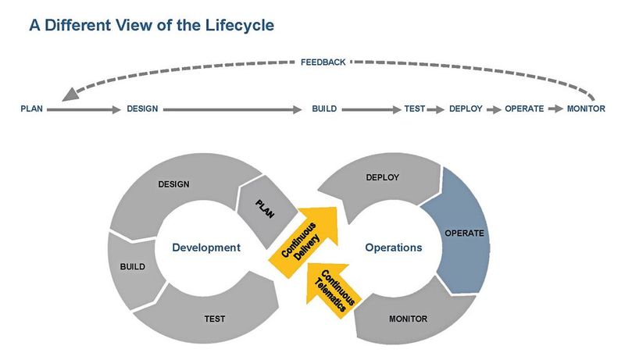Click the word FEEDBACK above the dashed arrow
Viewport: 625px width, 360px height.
(323, 62)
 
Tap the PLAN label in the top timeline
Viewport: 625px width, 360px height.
(31, 109)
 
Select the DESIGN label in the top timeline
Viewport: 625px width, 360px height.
(142, 109)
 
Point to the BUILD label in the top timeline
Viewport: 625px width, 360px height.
(324, 109)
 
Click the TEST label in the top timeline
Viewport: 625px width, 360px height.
(414, 109)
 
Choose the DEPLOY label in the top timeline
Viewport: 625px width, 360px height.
(466, 109)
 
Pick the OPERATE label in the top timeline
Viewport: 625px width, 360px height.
(524, 109)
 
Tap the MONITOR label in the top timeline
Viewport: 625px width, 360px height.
(586, 109)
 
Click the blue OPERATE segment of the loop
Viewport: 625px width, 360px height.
(463, 233)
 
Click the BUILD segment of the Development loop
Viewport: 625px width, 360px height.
(130, 267)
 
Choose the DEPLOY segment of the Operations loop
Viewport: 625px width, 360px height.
(381, 179)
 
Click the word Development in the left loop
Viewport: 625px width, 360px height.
(205, 248)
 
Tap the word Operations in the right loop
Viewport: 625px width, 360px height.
(393, 248)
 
